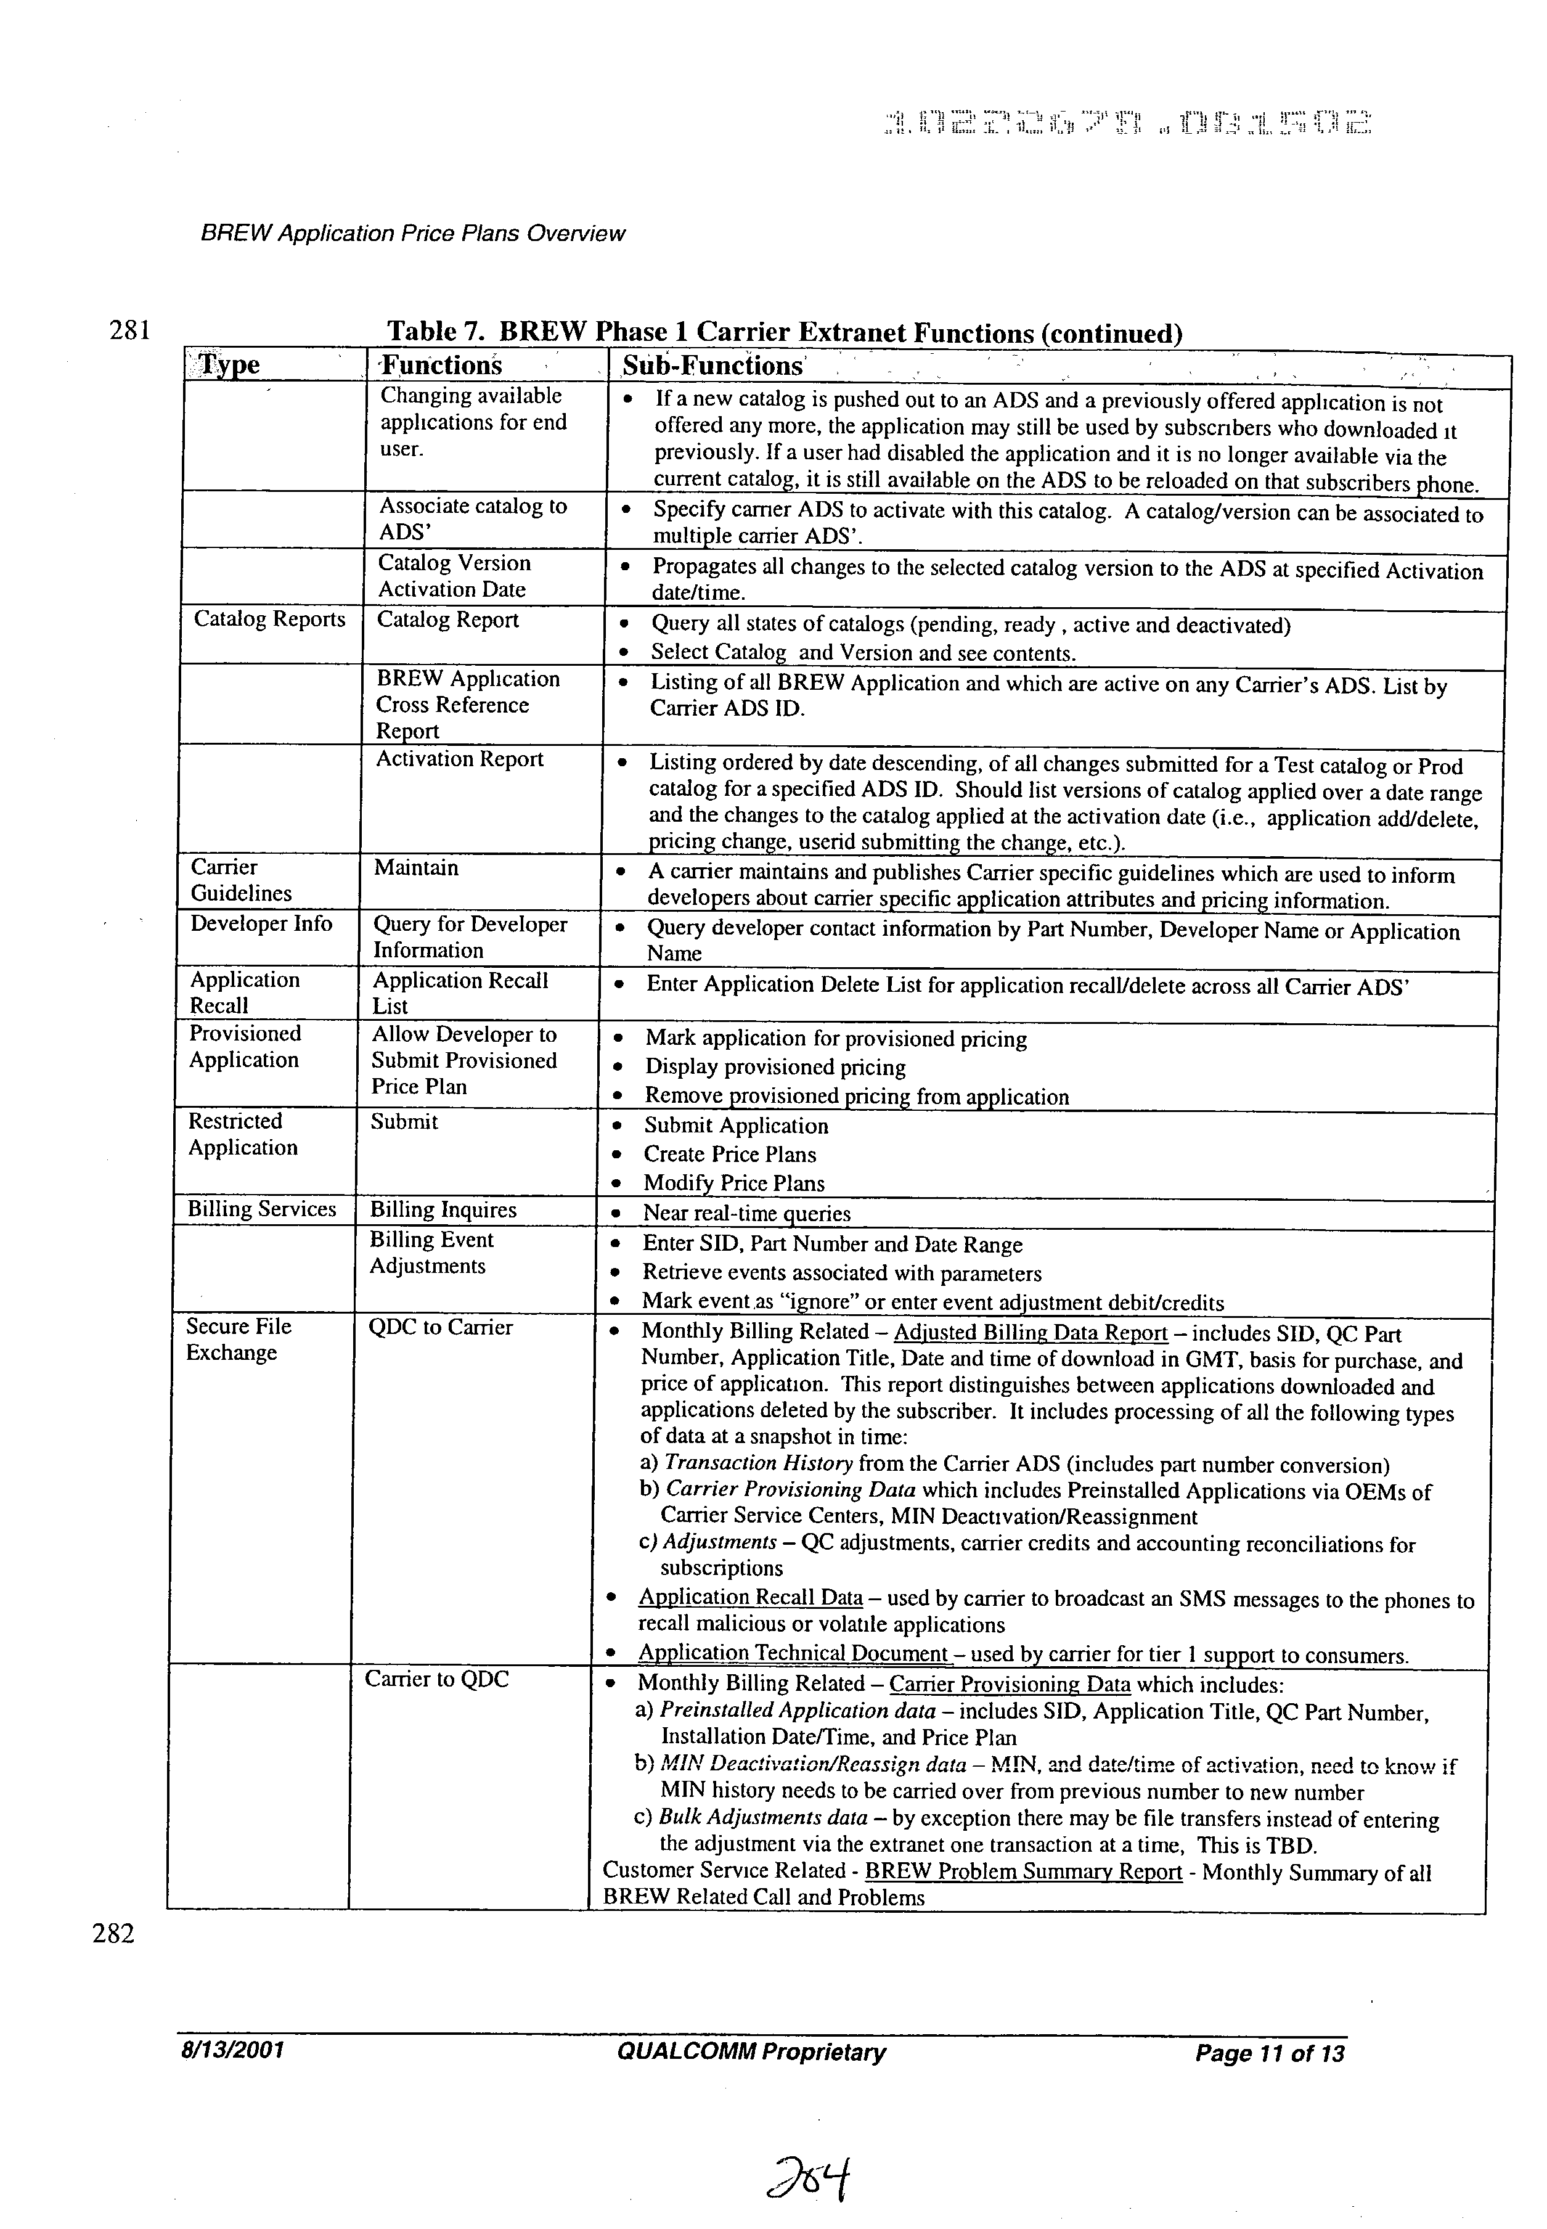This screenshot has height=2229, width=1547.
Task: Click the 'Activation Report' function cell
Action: coord(459,759)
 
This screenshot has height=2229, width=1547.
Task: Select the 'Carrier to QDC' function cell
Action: coord(436,1679)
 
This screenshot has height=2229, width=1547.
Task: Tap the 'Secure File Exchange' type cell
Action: coord(239,1339)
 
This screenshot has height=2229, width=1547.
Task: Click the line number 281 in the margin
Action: coord(129,330)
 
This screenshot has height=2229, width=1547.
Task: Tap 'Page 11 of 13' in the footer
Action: coord(1269,2053)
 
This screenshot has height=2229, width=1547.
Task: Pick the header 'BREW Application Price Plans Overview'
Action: coord(412,234)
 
